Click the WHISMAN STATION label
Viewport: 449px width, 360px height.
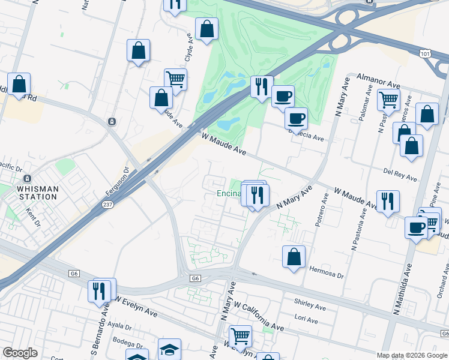click(34, 193)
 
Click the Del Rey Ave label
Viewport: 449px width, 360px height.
click(400, 175)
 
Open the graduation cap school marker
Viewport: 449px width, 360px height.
click(169, 349)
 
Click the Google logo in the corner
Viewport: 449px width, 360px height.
click(20, 353)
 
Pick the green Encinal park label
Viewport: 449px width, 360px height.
click(228, 193)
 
